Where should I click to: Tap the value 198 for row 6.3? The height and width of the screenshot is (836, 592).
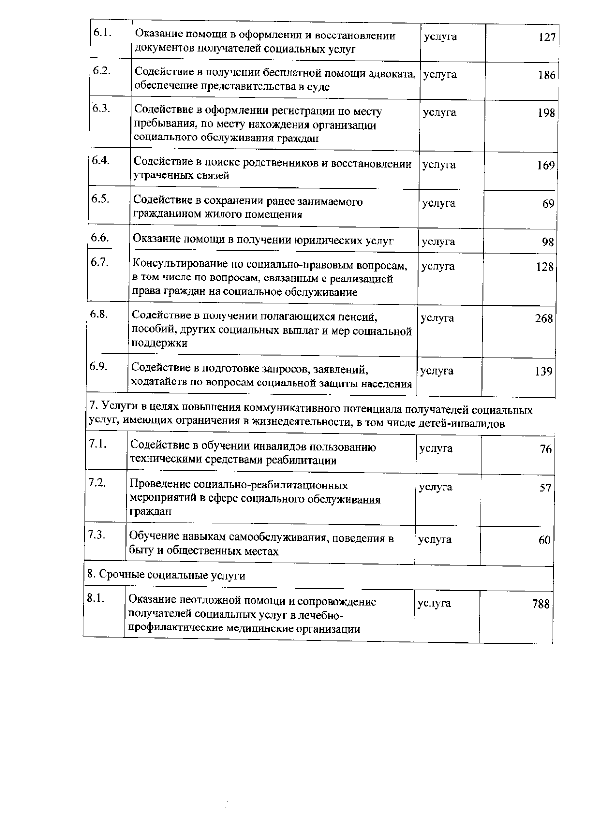(x=546, y=113)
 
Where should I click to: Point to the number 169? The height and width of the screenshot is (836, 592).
(x=546, y=166)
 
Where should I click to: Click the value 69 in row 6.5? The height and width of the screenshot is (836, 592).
(x=548, y=204)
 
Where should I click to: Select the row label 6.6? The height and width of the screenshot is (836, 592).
(x=99, y=238)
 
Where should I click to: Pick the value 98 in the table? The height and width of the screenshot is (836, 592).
(x=547, y=242)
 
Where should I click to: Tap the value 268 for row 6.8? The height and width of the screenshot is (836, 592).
(x=544, y=319)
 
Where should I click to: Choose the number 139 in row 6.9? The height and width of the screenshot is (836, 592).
(x=543, y=372)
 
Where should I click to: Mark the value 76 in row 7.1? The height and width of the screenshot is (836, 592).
(x=545, y=449)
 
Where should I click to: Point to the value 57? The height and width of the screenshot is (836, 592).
(x=545, y=488)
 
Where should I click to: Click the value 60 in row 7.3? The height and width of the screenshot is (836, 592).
(x=544, y=541)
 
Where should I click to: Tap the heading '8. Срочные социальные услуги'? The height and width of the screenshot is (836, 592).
(x=166, y=575)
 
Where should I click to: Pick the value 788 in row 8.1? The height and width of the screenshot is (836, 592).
(x=541, y=604)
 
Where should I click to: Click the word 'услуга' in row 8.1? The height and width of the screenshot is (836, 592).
(x=434, y=603)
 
